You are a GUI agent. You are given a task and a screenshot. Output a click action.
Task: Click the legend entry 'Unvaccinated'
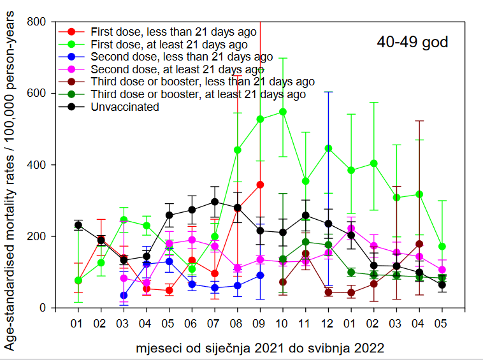(124, 107)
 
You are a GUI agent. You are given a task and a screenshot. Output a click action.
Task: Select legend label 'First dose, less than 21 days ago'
(173, 31)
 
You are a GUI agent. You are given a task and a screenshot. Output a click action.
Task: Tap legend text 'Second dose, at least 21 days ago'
(177, 69)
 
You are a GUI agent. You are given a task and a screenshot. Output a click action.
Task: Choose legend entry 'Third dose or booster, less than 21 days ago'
(202, 82)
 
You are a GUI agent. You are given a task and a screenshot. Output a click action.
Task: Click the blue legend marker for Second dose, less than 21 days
(71, 57)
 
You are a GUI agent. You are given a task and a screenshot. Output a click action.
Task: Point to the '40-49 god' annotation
(412, 43)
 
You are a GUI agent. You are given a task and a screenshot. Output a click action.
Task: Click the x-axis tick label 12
(328, 323)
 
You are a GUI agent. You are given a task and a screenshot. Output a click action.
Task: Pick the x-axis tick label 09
(260, 323)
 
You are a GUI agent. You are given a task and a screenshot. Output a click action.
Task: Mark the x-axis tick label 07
(215, 323)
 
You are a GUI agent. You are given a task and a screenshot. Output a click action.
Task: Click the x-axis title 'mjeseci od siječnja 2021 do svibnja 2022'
(260, 349)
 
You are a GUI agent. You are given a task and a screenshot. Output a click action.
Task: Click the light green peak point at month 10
(283, 112)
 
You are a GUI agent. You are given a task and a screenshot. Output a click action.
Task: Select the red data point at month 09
(260, 185)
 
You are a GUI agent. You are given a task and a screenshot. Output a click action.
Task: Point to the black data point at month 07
(215, 201)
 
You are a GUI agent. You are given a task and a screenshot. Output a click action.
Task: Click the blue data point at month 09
(260, 275)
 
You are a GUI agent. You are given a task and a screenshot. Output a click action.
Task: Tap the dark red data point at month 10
(283, 282)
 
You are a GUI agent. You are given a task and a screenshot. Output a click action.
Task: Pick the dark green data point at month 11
(306, 241)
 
